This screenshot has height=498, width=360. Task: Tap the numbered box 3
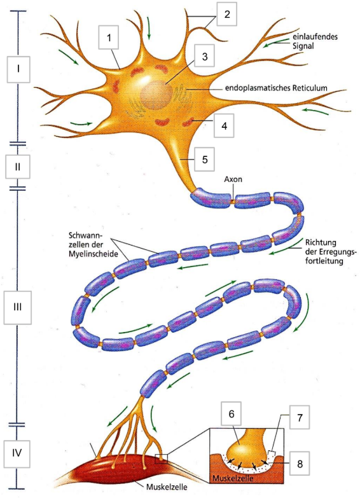pyautogui.click(x=204, y=57)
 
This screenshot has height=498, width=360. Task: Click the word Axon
pyautogui.click(x=233, y=180)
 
